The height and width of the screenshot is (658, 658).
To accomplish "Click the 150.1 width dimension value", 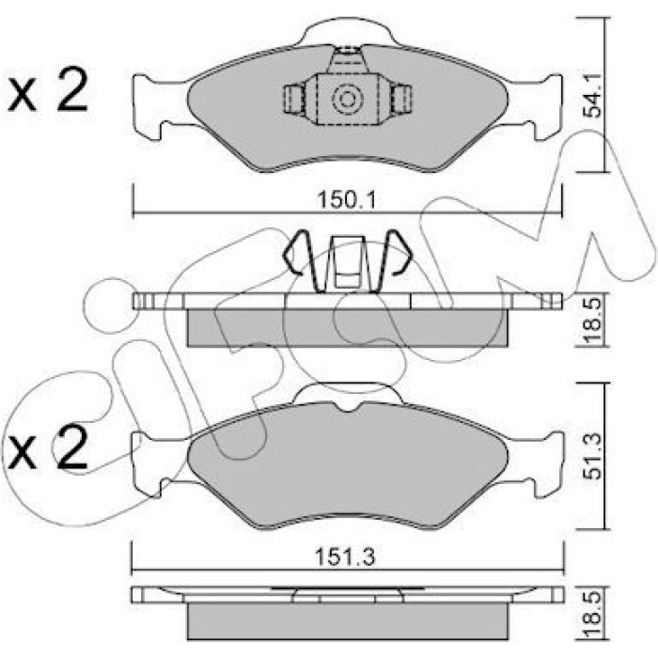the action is click(347, 199).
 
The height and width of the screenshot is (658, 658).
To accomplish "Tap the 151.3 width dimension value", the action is click(345, 557).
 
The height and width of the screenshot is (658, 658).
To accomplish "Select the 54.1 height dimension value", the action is click(591, 95).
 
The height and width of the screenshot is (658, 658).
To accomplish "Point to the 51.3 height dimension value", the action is click(591, 456).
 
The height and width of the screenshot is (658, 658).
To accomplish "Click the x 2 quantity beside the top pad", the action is click(49, 90).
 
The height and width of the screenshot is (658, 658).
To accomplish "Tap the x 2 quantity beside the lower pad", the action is click(49, 446).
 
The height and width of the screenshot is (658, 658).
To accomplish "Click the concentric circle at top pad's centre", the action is click(348, 100).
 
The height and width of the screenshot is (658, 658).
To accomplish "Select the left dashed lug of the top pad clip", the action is click(294, 99).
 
